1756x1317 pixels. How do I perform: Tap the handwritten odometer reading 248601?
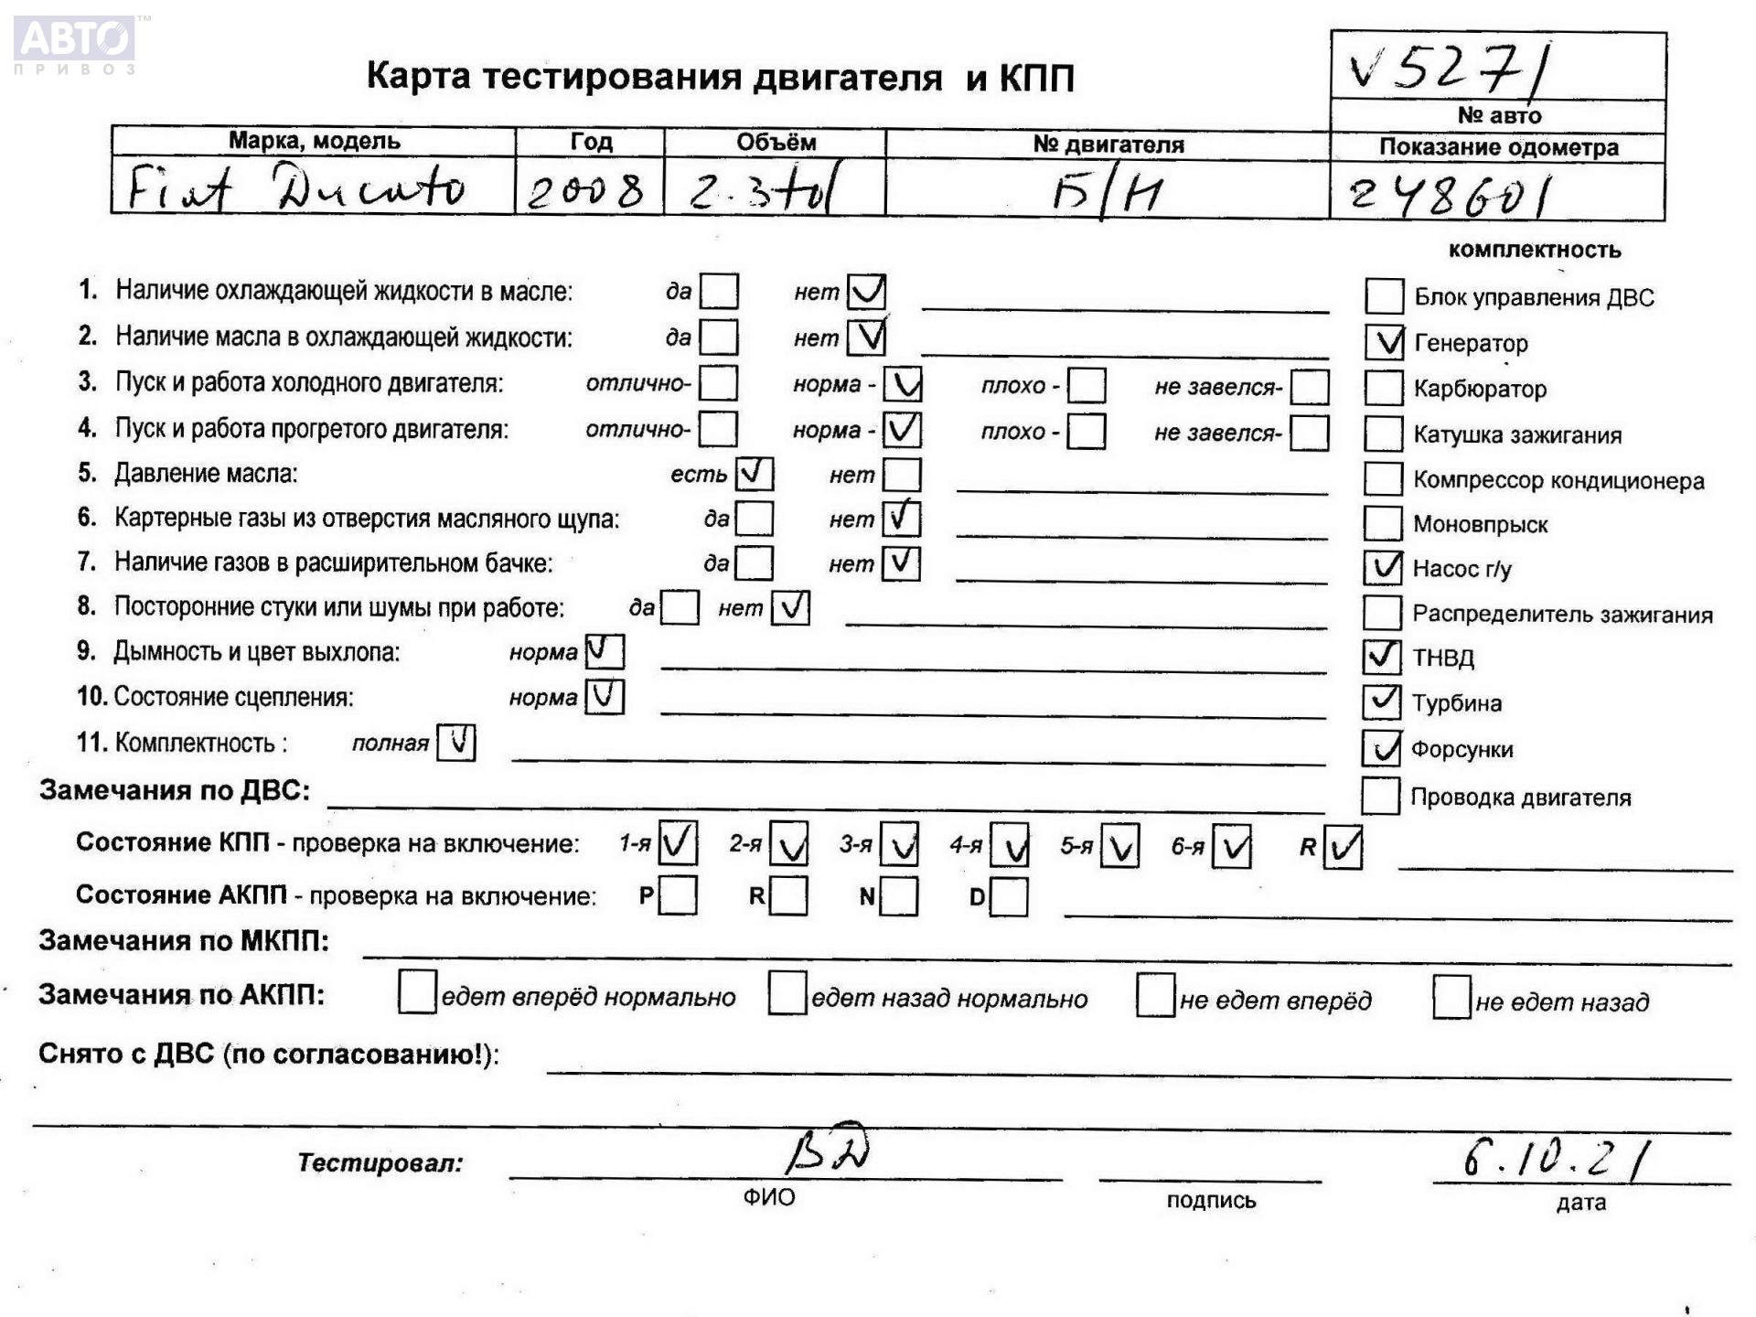(1450, 195)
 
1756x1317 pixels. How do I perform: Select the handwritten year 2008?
(586, 191)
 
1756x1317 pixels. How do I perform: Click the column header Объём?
(775, 143)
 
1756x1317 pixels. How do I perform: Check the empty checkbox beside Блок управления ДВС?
(1383, 296)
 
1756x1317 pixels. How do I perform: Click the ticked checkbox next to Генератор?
(1384, 342)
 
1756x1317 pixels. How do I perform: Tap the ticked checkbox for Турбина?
(1381, 701)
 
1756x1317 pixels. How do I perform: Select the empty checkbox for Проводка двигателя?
(1380, 796)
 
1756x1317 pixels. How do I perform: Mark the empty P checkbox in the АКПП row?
(678, 895)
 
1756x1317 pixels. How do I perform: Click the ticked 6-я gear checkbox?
(1231, 846)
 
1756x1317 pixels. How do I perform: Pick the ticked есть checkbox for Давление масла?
(754, 474)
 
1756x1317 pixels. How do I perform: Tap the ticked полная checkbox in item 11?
(456, 742)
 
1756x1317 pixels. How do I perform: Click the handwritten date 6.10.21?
(1555, 1159)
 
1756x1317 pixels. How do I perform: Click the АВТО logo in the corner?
(76, 41)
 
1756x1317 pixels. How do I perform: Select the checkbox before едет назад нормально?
(787, 994)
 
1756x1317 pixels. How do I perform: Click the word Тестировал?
(380, 1162)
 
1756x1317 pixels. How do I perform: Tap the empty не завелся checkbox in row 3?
(1309, 387)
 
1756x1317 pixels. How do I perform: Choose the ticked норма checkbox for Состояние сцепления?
(605, 697)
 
